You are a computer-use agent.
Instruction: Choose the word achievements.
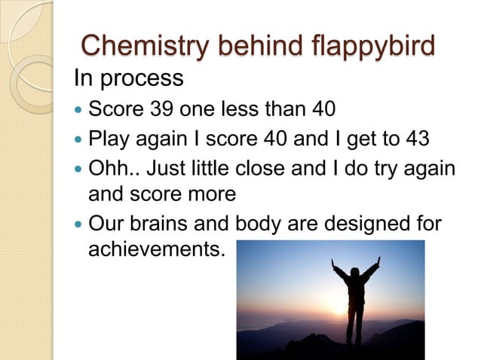point(156,249)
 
